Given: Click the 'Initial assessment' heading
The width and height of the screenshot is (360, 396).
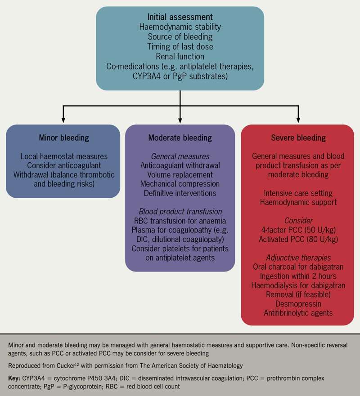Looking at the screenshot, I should (x=180, y=18).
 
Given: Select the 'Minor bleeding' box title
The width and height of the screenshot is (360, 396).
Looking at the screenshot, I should (x=63, y=138).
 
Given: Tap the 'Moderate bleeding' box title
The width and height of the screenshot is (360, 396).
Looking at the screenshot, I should (x=180, y=138).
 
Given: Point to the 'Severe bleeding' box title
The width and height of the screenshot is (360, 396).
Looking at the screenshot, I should (x=298, y=138).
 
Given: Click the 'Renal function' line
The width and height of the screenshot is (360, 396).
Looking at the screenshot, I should (x=180, y=57).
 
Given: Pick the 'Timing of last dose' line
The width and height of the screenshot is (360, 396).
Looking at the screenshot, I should (x=180, y=47).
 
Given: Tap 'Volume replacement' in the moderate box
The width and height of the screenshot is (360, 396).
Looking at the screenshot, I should (x=180, y=175).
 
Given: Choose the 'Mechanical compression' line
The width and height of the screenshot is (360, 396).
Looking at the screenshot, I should (x=180, y=184).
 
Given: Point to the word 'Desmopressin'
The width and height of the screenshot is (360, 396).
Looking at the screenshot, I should (x=298, y=303).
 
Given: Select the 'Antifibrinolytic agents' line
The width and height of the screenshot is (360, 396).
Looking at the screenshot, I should (x=298, y=312).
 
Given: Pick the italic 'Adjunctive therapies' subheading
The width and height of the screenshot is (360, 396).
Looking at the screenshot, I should (x=298, y=258).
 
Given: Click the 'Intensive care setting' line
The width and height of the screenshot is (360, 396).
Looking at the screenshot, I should (x=298, y=193).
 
